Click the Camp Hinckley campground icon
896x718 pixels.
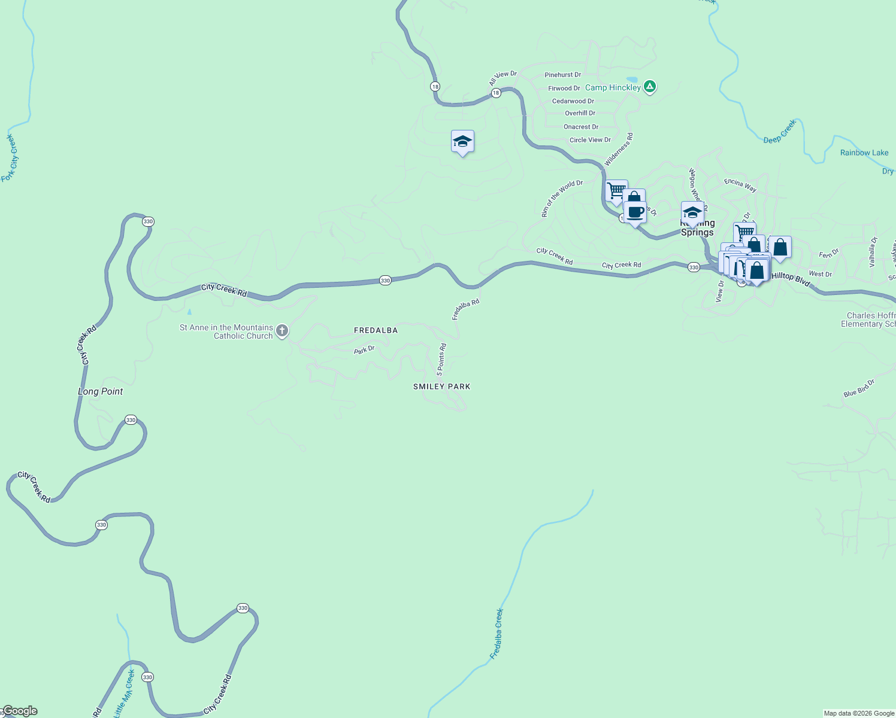tap(650, 87)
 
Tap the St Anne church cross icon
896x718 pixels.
tap(282, 331)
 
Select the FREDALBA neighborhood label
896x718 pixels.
tap(376, 330)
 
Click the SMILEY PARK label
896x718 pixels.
tap(441, 387)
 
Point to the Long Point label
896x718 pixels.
tap(100, 391)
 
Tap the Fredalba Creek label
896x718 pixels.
tap(497, 634)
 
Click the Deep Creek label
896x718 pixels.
tap(780, 132)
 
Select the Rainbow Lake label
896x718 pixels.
tap(864, 153)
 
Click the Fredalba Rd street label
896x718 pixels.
tap(465, 309)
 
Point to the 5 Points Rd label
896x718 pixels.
tap(441, 359)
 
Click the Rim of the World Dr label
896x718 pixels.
tap(562, 198)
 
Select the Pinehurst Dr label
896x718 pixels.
tap(562, 75)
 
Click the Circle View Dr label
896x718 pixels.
tap(590, 140)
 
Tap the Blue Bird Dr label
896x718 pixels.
tap(859, 388)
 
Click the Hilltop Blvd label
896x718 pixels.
tap(791, 278)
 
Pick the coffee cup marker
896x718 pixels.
tap(635, 212)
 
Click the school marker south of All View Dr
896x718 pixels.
tap(462, 142)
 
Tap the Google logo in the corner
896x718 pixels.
tap(19, 711)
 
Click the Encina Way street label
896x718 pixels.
tap(740, 185)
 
